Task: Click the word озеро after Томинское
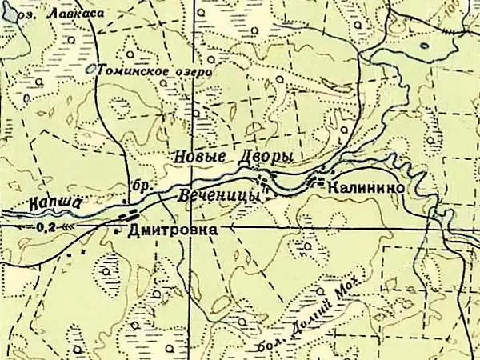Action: pos(190,72)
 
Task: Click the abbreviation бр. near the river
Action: pos(141,186)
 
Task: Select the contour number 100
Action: pos(467,13)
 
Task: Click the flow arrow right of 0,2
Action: pos(67,226)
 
